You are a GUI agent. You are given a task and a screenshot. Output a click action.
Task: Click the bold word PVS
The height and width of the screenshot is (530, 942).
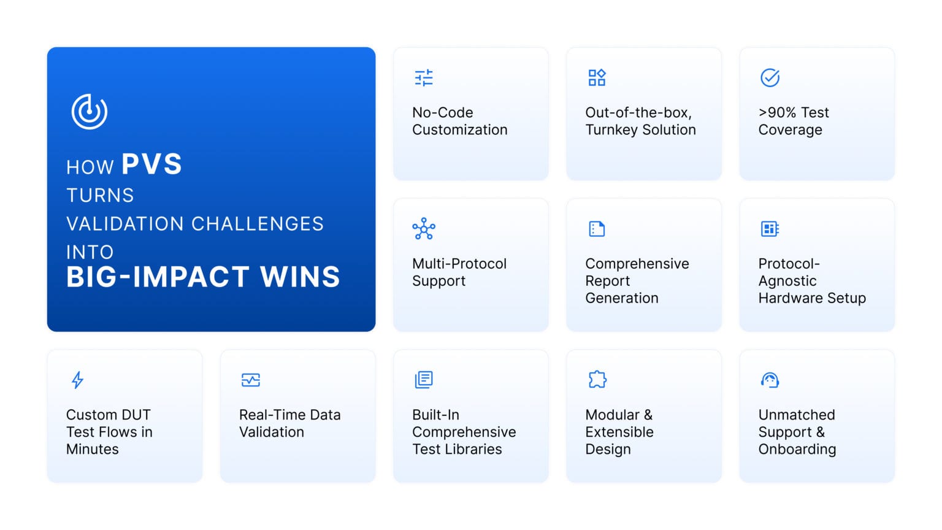152,164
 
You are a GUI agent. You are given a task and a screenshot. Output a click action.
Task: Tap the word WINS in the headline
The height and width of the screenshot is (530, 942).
300,277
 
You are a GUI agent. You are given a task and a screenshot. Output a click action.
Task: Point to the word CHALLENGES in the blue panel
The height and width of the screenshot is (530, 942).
258,224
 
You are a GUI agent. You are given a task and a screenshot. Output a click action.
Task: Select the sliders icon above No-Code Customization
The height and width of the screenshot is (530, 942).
424,78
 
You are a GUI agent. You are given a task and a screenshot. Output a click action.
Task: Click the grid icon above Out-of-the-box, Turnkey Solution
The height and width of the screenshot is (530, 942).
597,78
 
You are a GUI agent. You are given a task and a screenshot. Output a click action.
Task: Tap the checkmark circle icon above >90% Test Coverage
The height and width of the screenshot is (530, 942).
770,78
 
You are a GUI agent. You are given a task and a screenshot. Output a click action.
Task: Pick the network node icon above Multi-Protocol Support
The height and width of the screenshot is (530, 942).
424,228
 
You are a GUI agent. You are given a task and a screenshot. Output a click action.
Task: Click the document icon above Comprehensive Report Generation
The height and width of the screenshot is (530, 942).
597,229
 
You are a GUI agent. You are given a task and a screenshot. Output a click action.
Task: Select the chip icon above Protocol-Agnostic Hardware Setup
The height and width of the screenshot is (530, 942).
770,229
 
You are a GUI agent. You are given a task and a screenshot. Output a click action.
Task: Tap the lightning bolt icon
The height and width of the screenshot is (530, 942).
77,380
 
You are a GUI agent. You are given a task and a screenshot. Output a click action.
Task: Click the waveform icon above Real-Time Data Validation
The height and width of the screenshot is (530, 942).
251,380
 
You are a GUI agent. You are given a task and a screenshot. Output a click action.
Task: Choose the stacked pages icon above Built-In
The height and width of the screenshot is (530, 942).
424,380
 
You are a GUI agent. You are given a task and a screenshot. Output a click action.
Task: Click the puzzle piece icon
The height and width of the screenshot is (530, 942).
597,380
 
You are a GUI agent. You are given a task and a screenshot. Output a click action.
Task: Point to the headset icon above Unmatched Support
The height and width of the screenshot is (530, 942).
770,380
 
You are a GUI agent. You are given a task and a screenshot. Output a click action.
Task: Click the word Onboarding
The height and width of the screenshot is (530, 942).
797,449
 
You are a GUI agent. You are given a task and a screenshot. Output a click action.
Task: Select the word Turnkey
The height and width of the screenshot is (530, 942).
611,130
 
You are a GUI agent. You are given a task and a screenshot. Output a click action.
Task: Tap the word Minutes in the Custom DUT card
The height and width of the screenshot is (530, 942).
93,449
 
